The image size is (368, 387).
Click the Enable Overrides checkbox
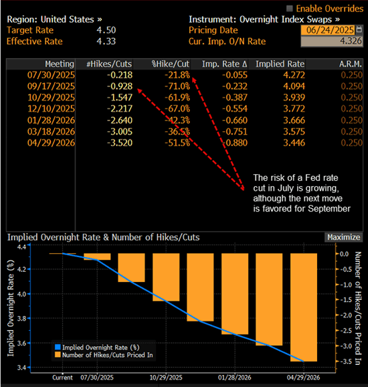[289, 8]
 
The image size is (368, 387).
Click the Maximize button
[343, 237]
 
